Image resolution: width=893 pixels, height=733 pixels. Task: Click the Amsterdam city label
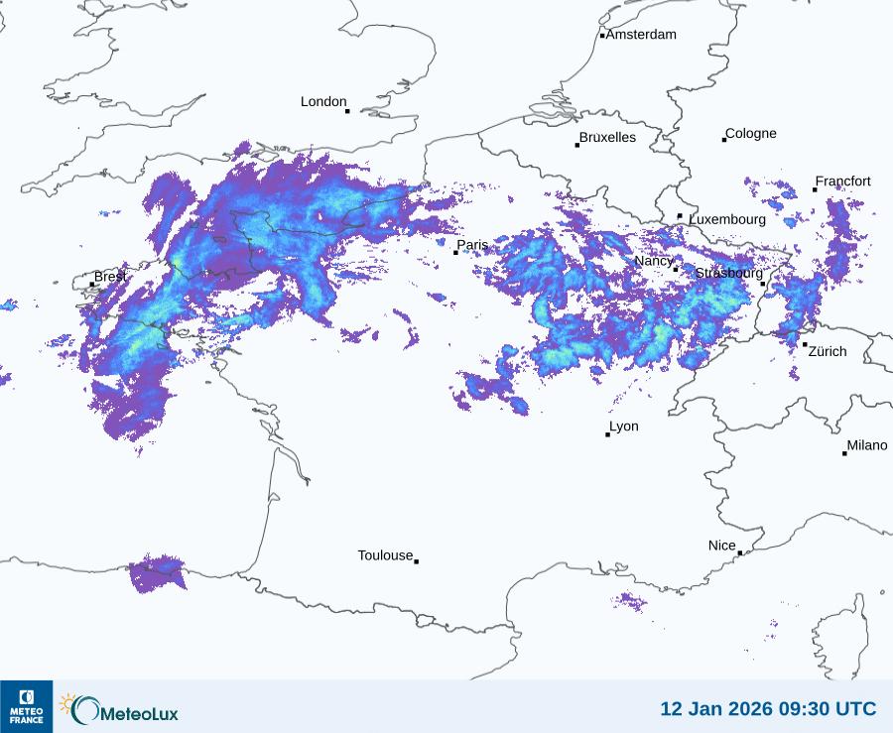(x=641, y=35)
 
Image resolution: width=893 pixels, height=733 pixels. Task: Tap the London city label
(x=323, y=101)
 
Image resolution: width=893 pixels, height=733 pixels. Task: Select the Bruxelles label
(x=607, y=138)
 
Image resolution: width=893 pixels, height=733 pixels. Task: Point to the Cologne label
(x=751, y=134)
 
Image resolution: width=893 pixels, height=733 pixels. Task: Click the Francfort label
(x=842, y=182)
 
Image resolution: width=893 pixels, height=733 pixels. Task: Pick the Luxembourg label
(x=727, y=219)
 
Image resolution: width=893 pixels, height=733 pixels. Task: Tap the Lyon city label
(x=624, y=427)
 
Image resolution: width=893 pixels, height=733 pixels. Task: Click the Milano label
(x=867, y=445)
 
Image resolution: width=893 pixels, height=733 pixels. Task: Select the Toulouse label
(x=385, y=555)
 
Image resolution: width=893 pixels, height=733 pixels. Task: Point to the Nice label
(x=721, y=546)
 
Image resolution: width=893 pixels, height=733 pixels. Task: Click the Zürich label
(x=828, y=351)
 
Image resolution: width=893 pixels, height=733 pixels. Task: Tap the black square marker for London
(x=347, y=111)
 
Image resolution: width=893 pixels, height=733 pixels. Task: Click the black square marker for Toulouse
(x=416, y=561)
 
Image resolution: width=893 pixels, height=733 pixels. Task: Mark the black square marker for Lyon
(x=608, y=434)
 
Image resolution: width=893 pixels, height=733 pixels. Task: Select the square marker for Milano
(x=845, y=453)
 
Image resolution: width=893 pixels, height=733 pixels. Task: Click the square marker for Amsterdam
(x=602, y=36)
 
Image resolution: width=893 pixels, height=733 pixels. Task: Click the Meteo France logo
(x=26, y=706)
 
